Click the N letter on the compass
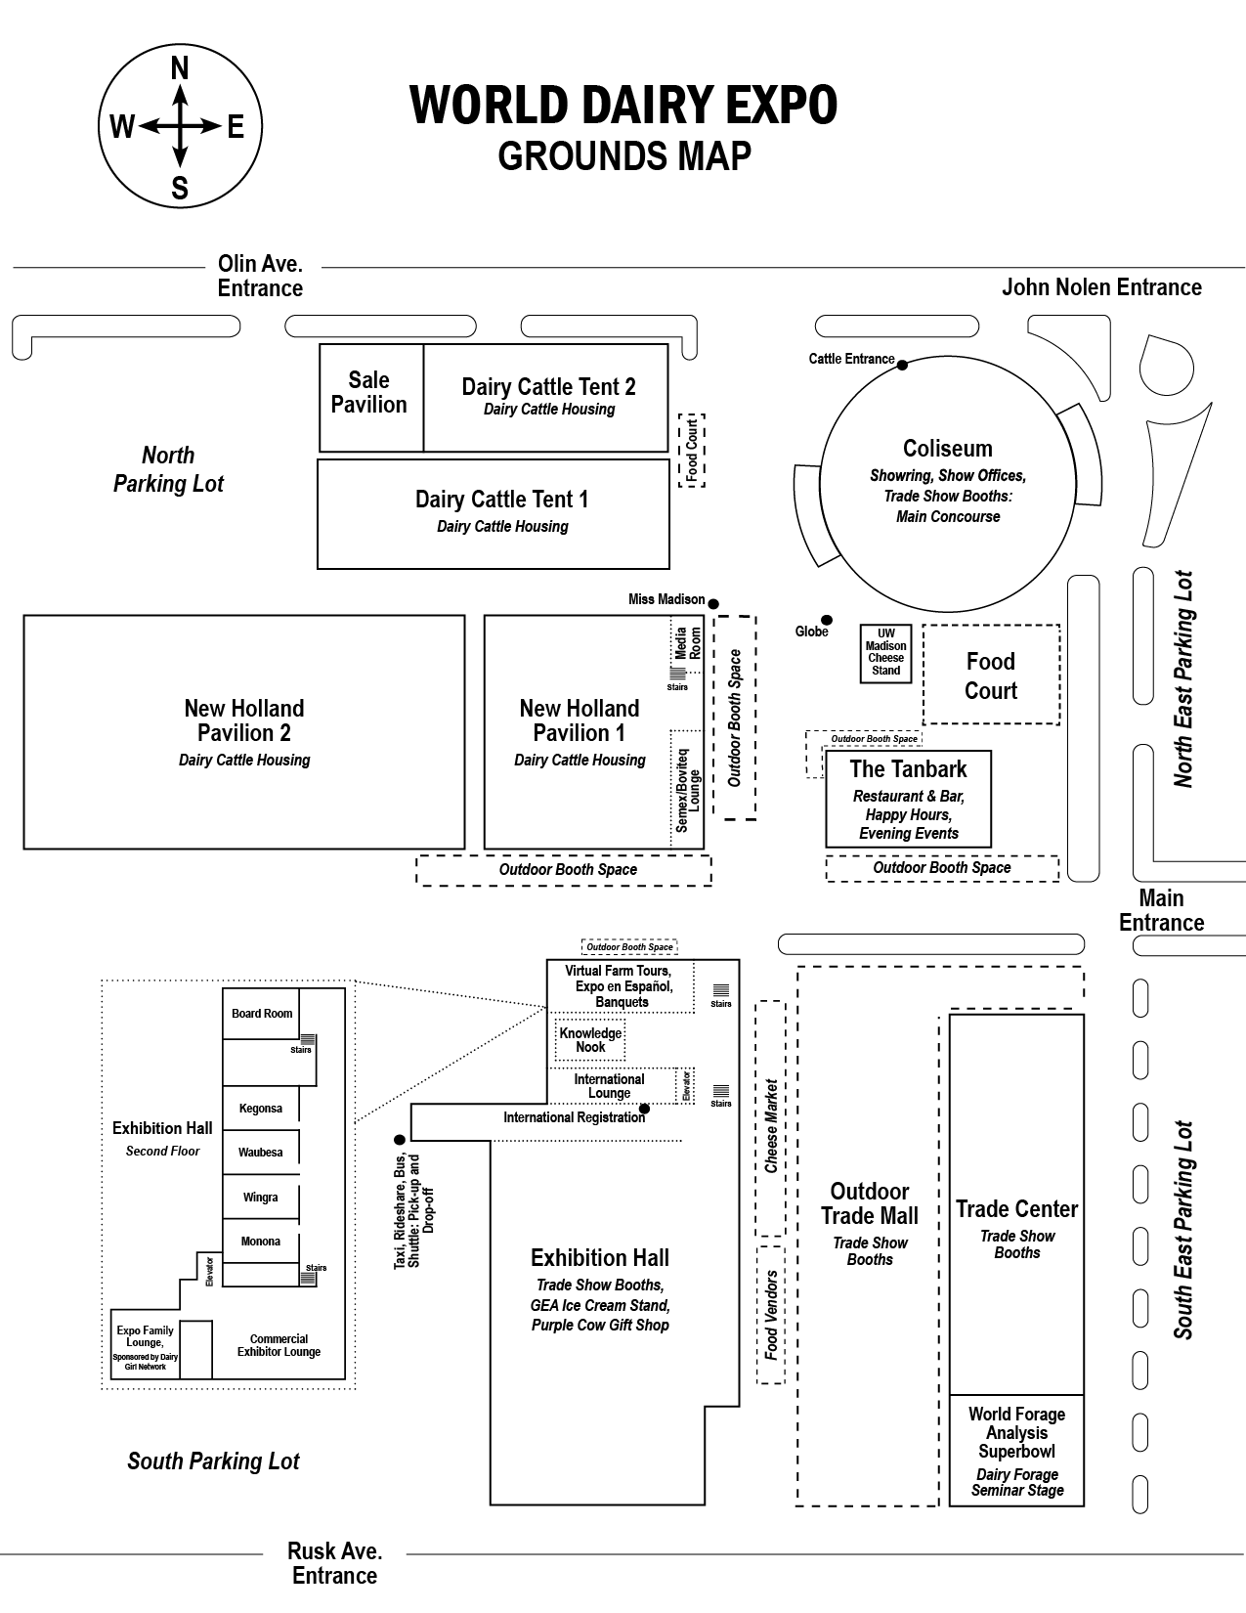pyautogui.click(x=180, y=68)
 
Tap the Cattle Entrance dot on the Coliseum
pyautogui.click(x=902, y=365)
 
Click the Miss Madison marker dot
pyautogui.click(x=713, y=603)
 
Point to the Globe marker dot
pyautogui.click(x=827, y=620)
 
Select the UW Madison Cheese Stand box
pyautogui.click(x=886, y=652)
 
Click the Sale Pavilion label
pyautogui.click(x=369, y=392)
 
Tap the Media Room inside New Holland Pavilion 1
pyautogui.click(x=688, y=643)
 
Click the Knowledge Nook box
pyautogui.click(x=590, y=1040)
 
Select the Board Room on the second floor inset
pyautogui.click(x=262, y=1014)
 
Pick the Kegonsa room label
pyautogui.click(x=261, y=1109)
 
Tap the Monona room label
pyautogui.click(x=261, y=1242)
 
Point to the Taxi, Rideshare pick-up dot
pyautogui.click(x=399, y=1140)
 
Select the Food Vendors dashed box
pyautogui.click(x=771, y=1314)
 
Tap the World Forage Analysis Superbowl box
pyautogui.click(x=1016, y=1451)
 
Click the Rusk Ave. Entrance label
pyautogui.click(x=335, y=1562)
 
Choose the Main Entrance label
pyautogui.click(x=1161, y=910)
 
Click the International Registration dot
pyautogui.click(x=644, y=1109)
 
